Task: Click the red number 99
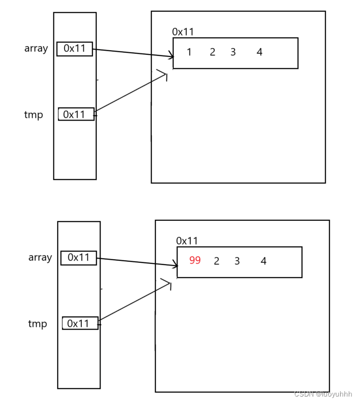click(x=195, y=261)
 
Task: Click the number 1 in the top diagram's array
click(x=189, y=52)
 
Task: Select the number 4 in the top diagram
click(x=259, y=52)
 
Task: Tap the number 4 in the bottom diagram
click(x=263, y=261)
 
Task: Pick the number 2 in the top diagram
click(x=213, y=52)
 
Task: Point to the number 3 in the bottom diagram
click(x=237, y=261)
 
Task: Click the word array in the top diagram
click(x=36, y=48)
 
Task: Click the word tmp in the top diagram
click(x=33, y=115)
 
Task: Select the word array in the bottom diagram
click(x=40, y=258)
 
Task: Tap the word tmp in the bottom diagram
click(x=38, y=324)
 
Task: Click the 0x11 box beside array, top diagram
click(x=75, y=48)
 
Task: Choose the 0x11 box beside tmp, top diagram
click(x=76, y=114)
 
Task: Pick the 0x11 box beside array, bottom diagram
click(x=79, y=258)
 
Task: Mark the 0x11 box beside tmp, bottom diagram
click(x=80, y=323)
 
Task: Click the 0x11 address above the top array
click(x=183, y=32)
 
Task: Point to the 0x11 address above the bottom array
click(x=187, y=241)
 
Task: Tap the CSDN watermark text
click(x=323, y=394)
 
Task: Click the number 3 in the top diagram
click(x=233, y=52)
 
